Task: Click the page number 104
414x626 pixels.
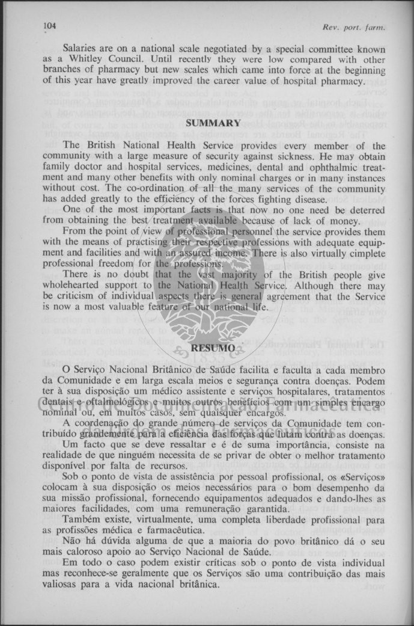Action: point(49,26)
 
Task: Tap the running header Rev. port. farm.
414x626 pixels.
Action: point(353,27)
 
